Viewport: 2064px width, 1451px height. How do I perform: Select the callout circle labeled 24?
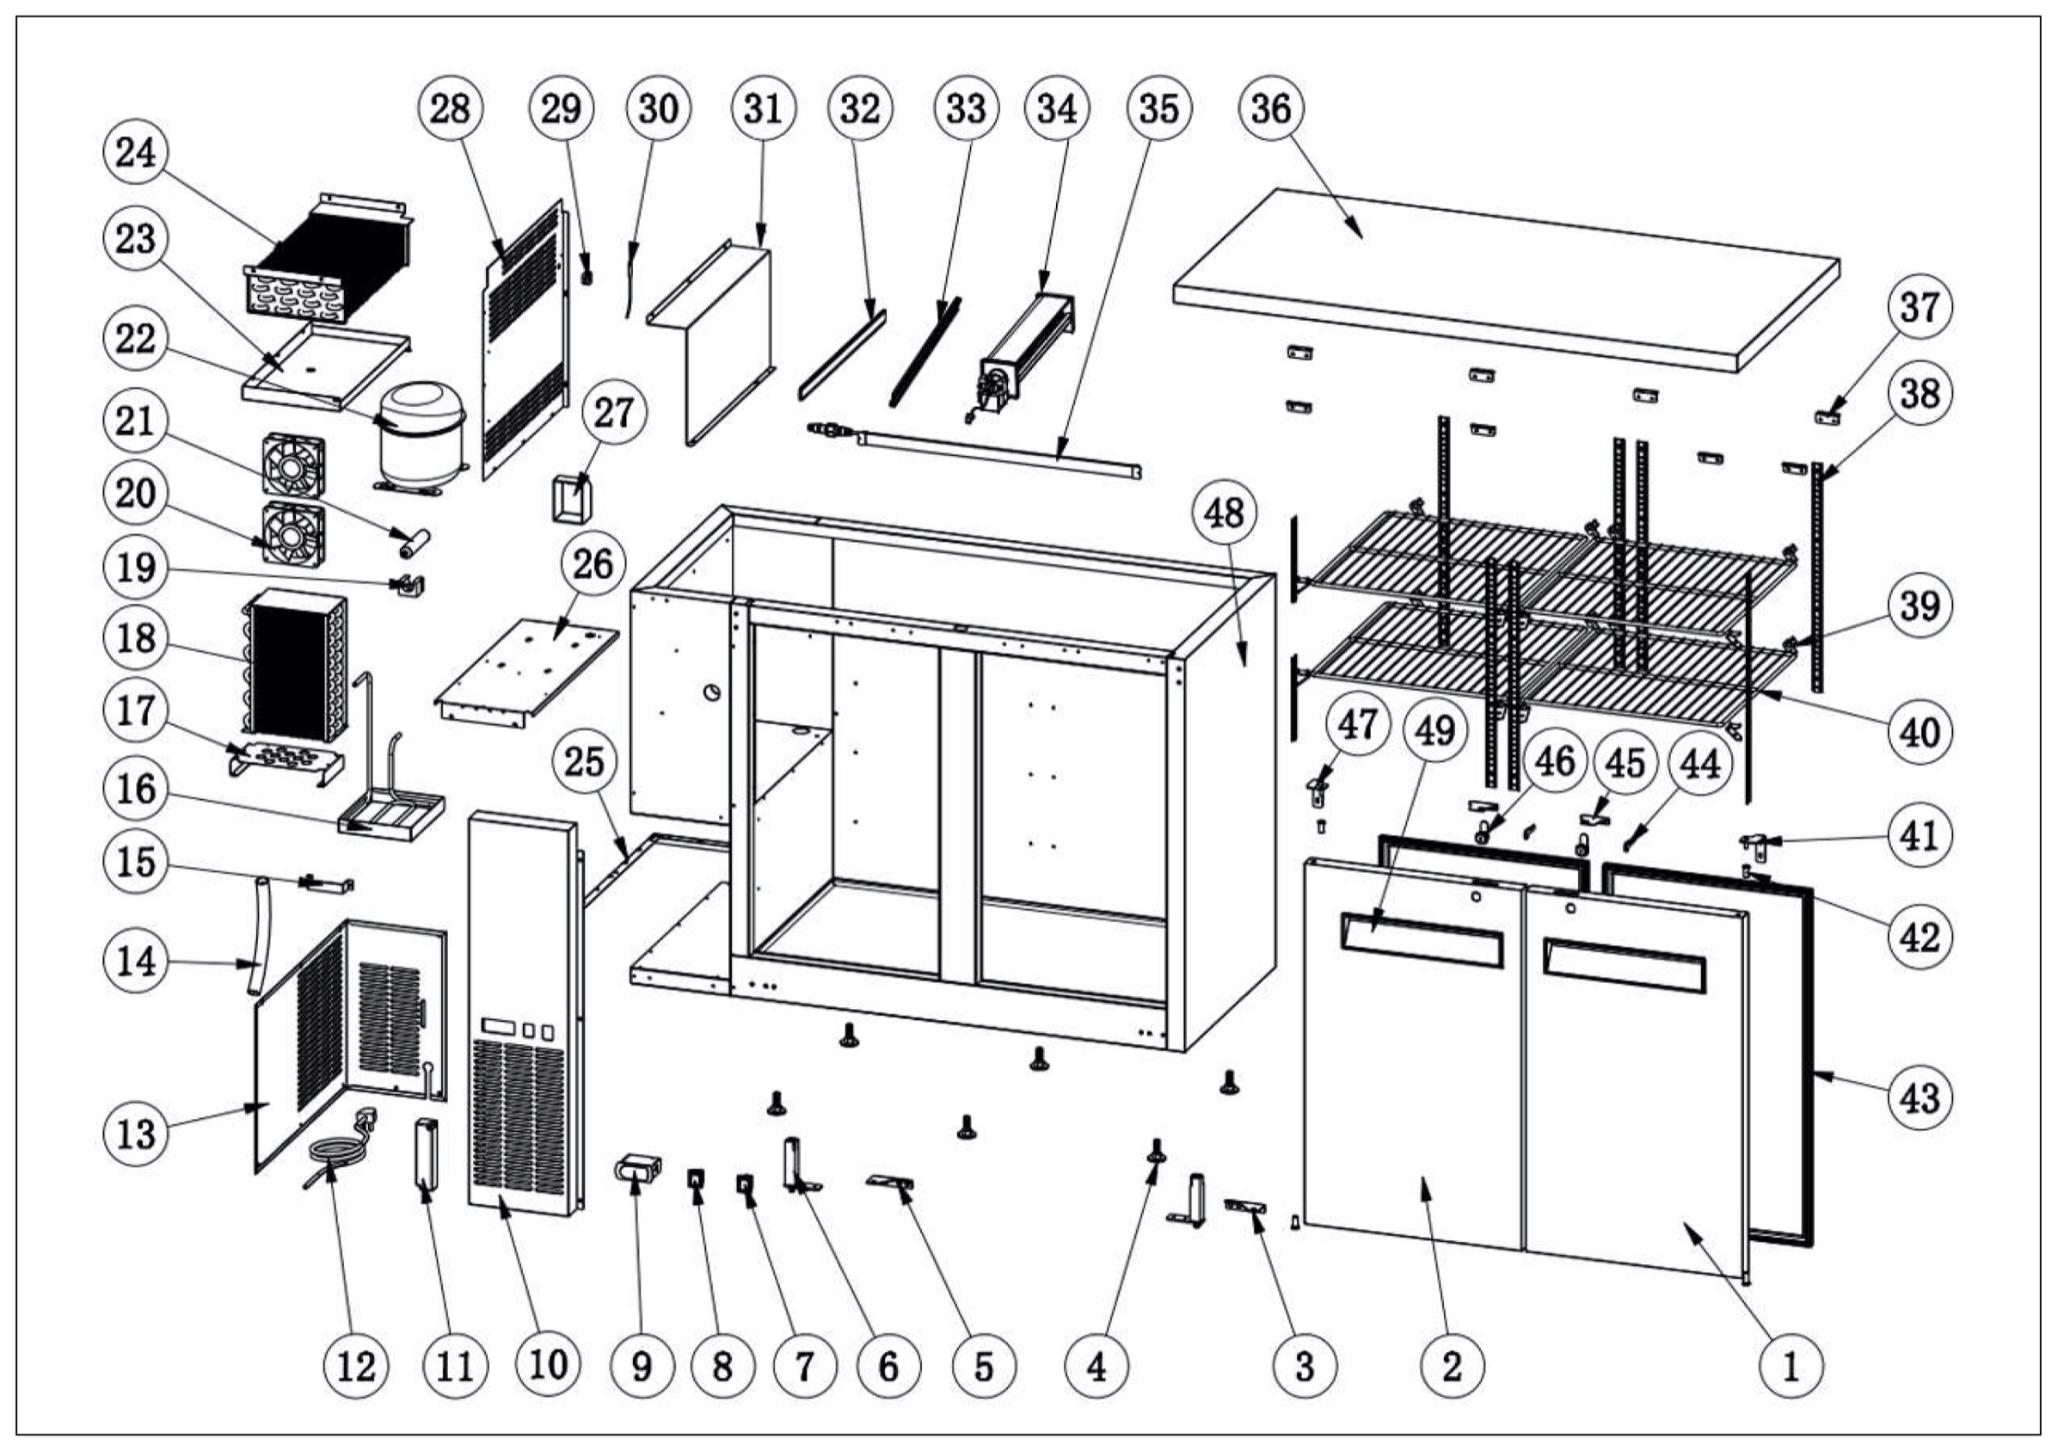point(136,152)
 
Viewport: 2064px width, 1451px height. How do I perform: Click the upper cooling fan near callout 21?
point(293,464)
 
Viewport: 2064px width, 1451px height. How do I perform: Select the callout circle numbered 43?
point(1920,1097)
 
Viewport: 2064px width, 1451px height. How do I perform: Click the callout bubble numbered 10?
point(548,1366)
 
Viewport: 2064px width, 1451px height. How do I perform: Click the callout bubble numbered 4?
point(1096,1368)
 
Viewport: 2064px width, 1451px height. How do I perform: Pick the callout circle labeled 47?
point(1356,723)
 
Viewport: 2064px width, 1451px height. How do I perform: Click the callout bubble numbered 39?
point(1920,606)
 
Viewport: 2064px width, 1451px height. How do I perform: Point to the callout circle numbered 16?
point(136,790)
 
